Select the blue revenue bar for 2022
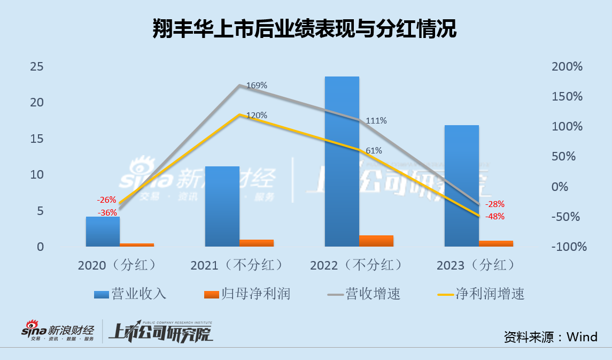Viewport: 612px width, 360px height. click(342, 160)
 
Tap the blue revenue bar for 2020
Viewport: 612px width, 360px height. click(103, 232)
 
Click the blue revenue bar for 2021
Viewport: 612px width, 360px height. click(222, 206)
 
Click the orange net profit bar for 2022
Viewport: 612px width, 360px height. click(376, 241)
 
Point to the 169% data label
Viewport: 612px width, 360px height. click(257, 86)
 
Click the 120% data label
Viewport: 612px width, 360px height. click(257, 116)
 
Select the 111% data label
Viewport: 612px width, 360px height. click(376, 121)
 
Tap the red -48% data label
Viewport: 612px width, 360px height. click(494, 217)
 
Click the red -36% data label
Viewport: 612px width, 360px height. click(107, 213)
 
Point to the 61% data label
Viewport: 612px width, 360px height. click(374, 151)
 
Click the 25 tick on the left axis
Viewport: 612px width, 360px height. click(37, 67)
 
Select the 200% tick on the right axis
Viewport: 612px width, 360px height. click(567, 67)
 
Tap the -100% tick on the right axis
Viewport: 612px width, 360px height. click(568, 247)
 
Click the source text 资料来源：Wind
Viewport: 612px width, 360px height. click(551, 336)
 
